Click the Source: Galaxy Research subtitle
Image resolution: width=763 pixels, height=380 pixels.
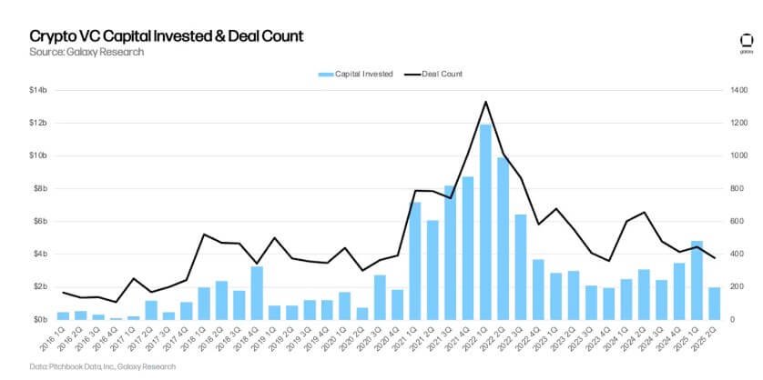click(86, 53)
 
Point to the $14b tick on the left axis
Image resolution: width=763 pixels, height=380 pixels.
click(43, 90)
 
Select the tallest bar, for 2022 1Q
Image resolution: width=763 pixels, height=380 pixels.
click(485, 223)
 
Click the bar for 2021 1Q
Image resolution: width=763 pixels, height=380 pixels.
click(415, 261)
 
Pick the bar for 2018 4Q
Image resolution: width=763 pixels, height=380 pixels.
click(257, 293)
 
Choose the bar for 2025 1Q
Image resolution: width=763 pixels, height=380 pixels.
click(697, 280)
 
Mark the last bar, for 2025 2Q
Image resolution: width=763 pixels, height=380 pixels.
click(714, 304)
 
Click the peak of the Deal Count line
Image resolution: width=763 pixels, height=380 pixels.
click(485, 102)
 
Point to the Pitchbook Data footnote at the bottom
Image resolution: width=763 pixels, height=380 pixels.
click(88, 367)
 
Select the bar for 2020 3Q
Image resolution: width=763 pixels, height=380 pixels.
click(380, 297)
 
